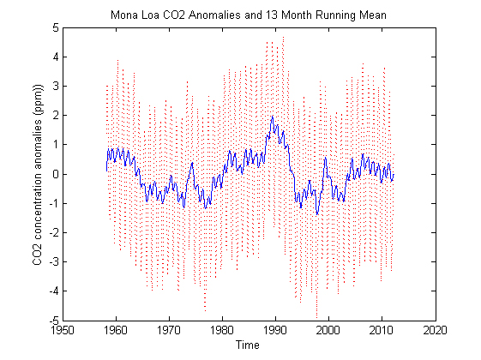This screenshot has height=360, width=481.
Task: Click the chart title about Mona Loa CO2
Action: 248,15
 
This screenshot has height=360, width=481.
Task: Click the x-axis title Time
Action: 248,345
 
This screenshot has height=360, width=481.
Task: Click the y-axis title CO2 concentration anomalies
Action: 38,174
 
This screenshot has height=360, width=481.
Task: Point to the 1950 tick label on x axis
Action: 63,329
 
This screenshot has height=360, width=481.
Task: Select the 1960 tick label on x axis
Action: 116,329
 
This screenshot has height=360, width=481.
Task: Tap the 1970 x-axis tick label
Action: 169,329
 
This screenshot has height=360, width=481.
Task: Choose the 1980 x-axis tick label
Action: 222,329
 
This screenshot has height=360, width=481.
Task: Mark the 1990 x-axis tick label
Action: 275,329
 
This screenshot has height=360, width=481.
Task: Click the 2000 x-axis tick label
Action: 328,329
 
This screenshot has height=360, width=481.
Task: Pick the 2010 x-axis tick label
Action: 382,329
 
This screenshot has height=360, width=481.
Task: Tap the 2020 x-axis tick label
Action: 435,329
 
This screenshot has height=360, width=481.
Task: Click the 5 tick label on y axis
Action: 54,27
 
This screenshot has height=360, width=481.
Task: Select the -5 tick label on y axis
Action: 52,319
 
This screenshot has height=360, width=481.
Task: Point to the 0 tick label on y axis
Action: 54,173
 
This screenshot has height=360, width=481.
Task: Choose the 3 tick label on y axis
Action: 54,86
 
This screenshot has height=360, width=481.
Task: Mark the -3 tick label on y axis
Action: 52,261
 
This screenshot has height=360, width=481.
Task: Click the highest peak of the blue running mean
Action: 272,117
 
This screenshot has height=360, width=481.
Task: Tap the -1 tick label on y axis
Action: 52,202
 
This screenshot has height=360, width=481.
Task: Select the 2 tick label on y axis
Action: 54,115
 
